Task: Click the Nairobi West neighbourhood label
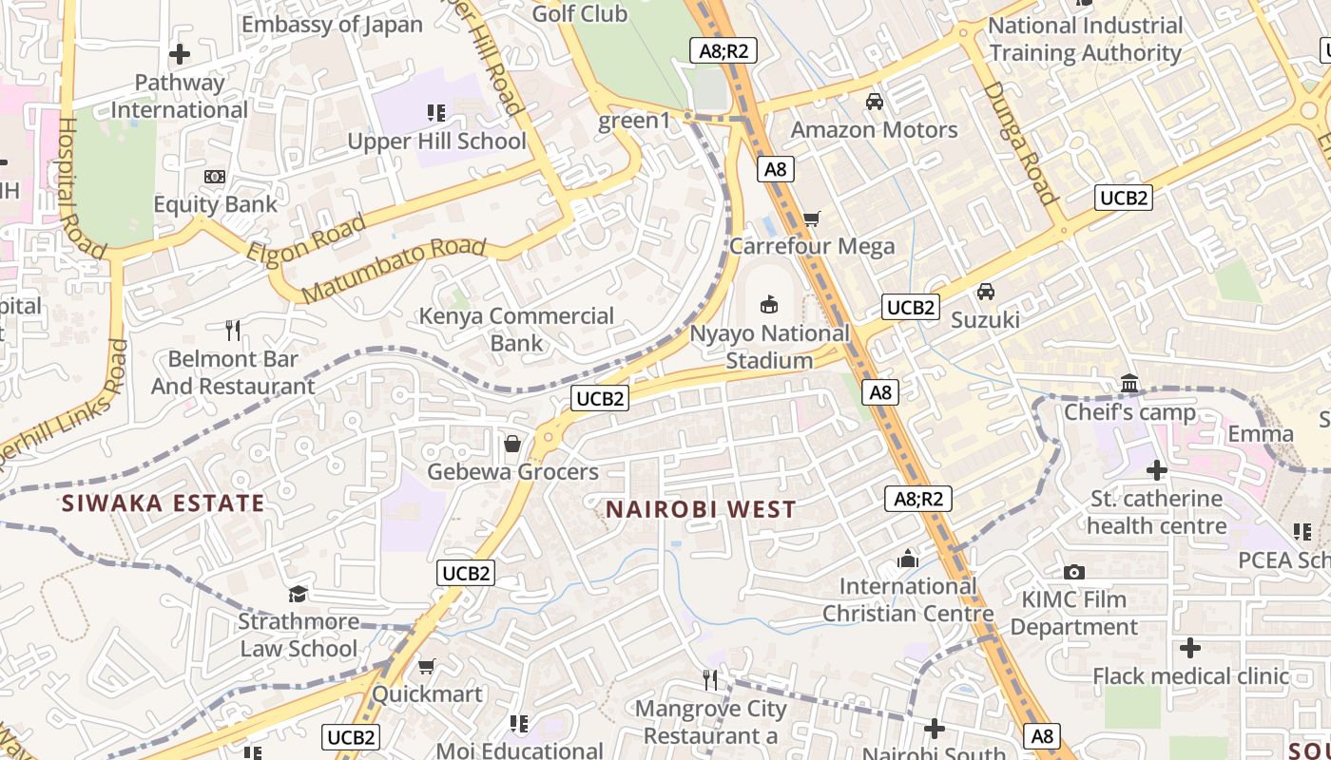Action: point(701,509)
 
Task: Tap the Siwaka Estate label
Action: point(163,503)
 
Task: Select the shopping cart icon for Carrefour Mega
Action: point(811,219)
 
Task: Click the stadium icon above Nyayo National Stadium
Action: point(769,305)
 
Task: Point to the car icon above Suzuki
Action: point(986,292)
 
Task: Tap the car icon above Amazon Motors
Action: point(875,102)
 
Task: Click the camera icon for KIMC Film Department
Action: point(1074,572)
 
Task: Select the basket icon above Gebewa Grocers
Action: point(512,444)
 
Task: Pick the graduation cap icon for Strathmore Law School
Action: point(299,594)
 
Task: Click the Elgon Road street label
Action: point(306,239)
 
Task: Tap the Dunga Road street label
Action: point(1021,142)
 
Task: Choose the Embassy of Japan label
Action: point(332,25)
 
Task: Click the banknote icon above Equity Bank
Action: point(216,177)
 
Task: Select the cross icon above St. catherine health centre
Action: point(1156,470)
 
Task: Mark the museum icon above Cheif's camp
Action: point(1129,384)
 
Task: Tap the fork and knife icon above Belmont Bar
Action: point(233,331)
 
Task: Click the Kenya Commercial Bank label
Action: point(516,329)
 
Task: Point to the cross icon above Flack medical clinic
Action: point(1189,648)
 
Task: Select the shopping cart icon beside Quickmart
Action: point(427,666)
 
